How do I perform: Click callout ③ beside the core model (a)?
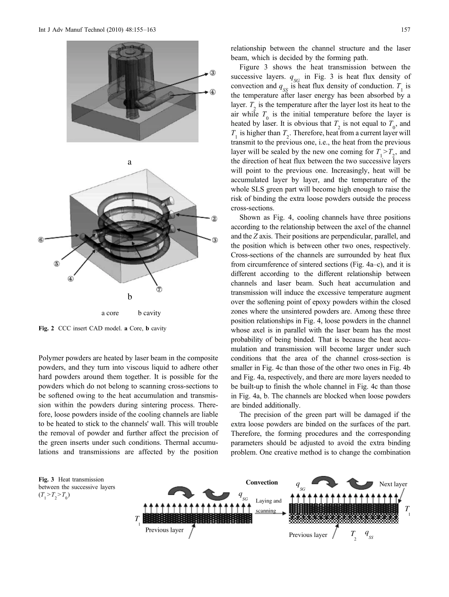214,73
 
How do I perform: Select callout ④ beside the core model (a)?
214,92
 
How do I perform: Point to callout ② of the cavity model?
214,219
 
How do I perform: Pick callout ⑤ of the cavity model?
57,264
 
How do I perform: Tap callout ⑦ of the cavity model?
160,290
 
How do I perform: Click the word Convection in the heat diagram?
262,483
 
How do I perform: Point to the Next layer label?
393,485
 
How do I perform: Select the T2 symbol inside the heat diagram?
353,535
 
